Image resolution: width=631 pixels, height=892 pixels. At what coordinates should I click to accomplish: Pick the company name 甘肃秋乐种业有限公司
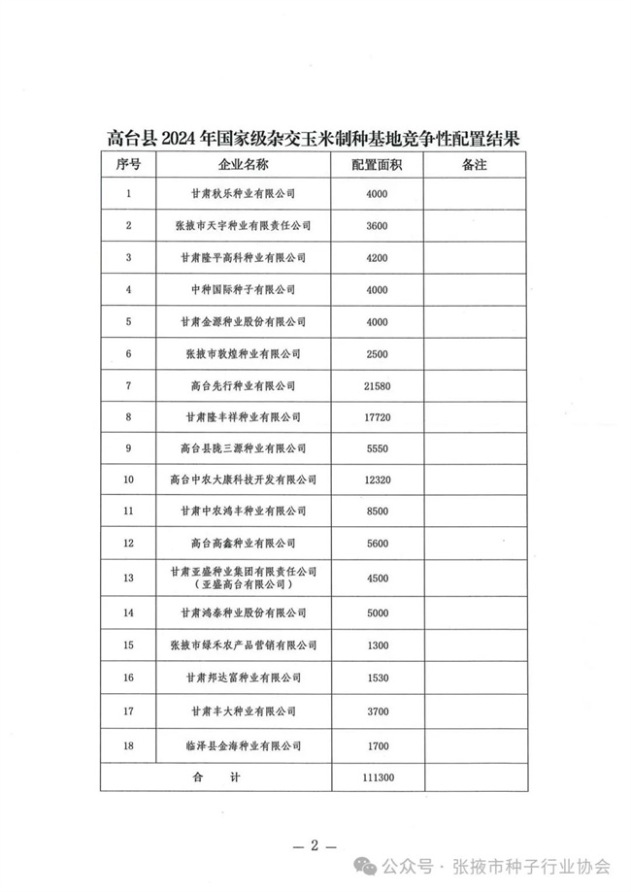[244, 194]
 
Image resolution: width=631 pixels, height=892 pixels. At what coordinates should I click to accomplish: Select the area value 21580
[378, 385]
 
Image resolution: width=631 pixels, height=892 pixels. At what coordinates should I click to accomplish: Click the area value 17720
[378, 417]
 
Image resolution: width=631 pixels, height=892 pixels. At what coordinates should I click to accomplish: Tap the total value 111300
[378, 777]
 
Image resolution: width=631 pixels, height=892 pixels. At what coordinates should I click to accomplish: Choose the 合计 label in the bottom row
[216, 777]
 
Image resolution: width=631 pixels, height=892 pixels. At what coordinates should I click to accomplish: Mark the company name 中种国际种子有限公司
[244, 290]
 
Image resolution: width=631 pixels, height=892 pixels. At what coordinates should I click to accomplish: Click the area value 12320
[378, 480]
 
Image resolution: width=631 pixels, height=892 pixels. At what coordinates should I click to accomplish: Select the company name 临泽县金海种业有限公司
[244, 746]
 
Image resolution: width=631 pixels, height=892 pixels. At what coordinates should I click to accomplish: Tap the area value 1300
[378, 644]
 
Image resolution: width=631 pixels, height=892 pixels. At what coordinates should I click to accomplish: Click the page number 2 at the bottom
[315, 844]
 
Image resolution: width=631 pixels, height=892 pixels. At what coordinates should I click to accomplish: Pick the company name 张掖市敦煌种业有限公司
[244, 353]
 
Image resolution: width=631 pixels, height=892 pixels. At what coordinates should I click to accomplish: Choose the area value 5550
[378, 448]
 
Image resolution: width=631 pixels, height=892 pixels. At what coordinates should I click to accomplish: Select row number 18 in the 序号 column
[128, 746]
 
